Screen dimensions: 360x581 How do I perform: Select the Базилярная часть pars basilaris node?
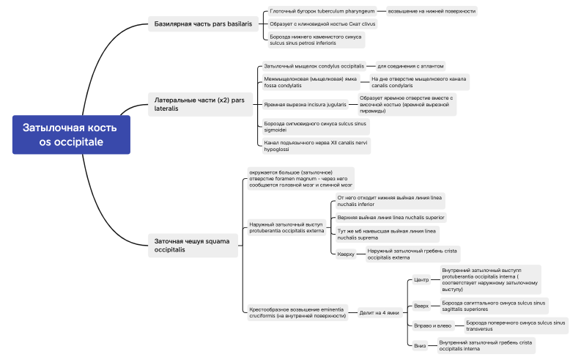point(203,23)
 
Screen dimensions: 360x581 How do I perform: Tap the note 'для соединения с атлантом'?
point(410,66)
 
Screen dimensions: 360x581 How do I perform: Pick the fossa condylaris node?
point(311,82)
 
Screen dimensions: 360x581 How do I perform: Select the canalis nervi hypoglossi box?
point(315,146)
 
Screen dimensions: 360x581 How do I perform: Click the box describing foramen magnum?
point(300,178)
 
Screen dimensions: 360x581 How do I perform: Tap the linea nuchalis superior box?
point(389,217)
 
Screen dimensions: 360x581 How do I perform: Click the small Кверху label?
point(346,254)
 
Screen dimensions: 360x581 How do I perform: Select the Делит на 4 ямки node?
point(379,312)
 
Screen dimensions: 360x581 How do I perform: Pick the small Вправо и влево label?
point(432,326)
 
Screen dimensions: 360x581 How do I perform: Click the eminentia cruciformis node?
point(297,313)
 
